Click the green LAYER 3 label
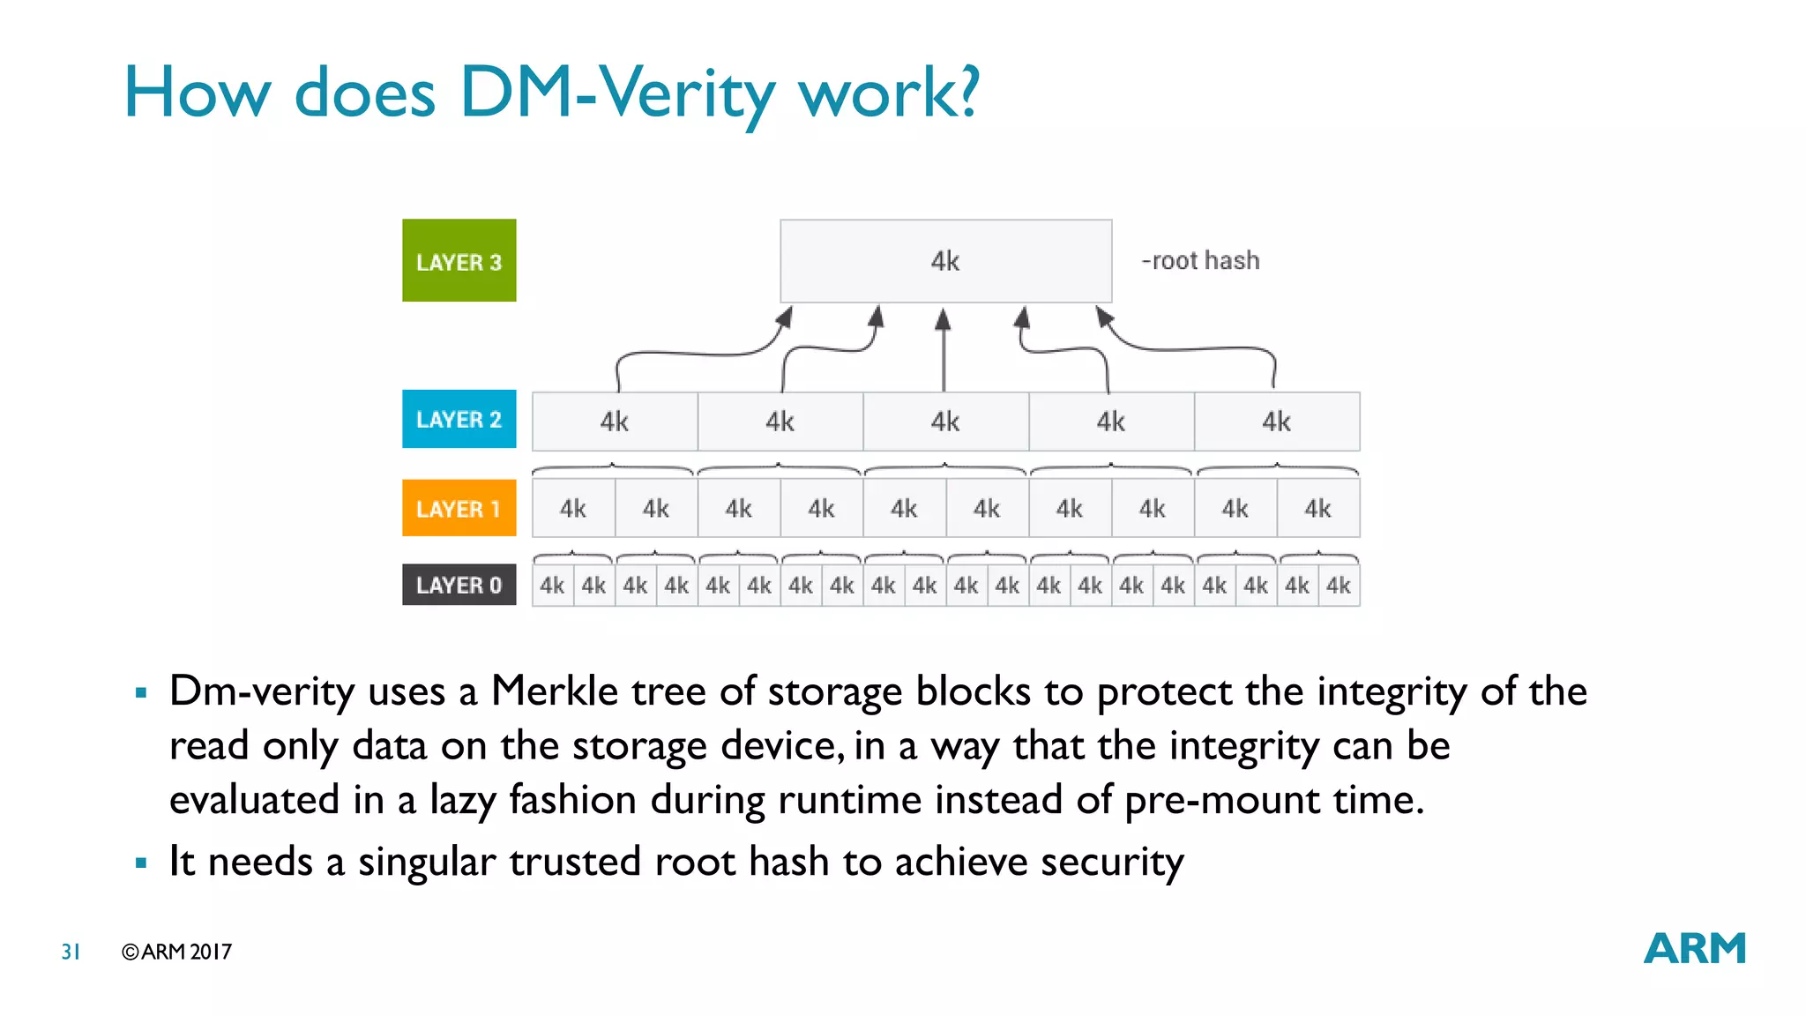(459, 261)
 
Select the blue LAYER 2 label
(459, 419)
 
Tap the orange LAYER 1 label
(459, 509)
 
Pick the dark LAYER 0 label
(459, 585)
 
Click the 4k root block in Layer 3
(945, 261)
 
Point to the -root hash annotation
(1200, 261)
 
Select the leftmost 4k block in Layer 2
(615, 422)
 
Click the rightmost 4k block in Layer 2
(1276, 422)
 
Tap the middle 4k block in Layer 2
(945, 422)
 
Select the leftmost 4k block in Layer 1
(573, 509)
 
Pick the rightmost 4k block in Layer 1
(1317, 509)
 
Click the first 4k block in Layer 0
(553, 586)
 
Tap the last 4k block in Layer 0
(1339, 586)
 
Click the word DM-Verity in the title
(616, 93)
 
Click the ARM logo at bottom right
(1694, 949)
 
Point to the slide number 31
(71, 952)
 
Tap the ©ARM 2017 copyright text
(176, 952)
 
